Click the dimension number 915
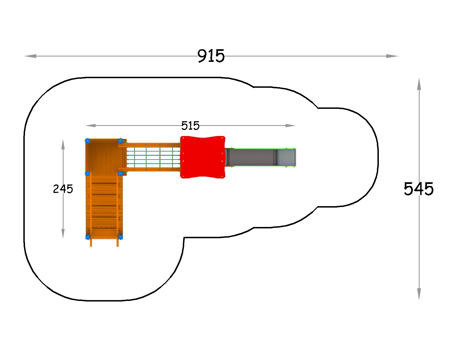[211, 56]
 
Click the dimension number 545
[418, 189]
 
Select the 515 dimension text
[190, 126]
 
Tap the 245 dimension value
[63, 189]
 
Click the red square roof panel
[202, 157]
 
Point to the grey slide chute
[260, 157]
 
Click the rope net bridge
[153, 157]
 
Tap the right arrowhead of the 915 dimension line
[392, 56]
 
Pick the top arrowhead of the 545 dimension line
[419, 84]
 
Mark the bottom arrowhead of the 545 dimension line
[419, 294]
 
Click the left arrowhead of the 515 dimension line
[91, 125]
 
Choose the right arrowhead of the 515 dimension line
[291, 125]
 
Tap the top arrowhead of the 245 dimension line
[63, 145]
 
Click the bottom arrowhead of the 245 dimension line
[63, 233]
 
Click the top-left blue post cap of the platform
[87, 141]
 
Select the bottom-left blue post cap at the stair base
[88, 237]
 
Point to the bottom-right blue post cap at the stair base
[120, 237]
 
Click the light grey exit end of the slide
[287, 157]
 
